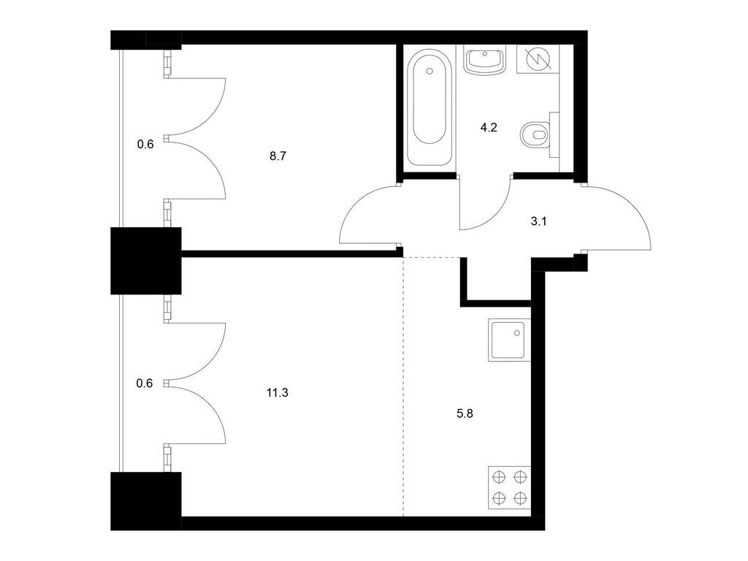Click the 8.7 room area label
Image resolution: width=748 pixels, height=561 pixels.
[277, 156]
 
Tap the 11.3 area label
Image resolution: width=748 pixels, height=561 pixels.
[277, 393]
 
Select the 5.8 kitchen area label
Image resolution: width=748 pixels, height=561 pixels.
[465, 413]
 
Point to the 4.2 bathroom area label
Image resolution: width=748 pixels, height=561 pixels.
[489, 127]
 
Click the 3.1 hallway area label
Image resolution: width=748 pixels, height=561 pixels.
[538, 221]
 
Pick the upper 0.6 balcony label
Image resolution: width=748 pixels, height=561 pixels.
[145, 144]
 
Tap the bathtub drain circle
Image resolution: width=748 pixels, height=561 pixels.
[430, 72]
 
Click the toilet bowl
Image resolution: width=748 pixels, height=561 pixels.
[535, 135]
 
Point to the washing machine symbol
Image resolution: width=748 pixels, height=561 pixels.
[538, 59]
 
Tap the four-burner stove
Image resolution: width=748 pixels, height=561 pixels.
[509, 487]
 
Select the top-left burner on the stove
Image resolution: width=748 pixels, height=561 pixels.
[499, 477]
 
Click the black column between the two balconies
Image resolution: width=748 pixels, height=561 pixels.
[146, 261]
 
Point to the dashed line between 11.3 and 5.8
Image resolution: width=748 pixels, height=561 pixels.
[403, 387]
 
